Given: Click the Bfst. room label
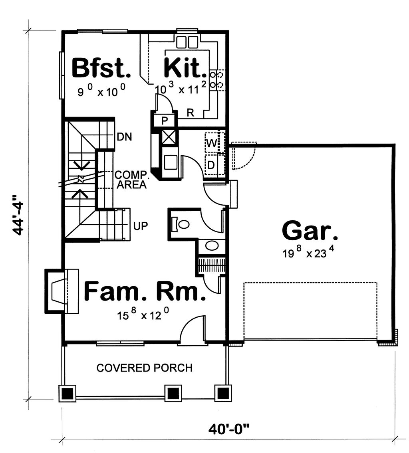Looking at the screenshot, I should (x=101, y=68).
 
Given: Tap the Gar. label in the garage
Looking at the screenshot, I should (x=310, y=231).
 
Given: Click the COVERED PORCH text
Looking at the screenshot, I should (x=145, y=368).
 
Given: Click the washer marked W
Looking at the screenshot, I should (x=212, y=143).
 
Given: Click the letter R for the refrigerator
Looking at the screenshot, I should (x=191, y=113).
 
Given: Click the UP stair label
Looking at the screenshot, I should (x=141, y=226).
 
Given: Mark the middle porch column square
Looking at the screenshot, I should (x=172, y=394).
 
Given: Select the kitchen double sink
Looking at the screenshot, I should (x=187, y=42).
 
